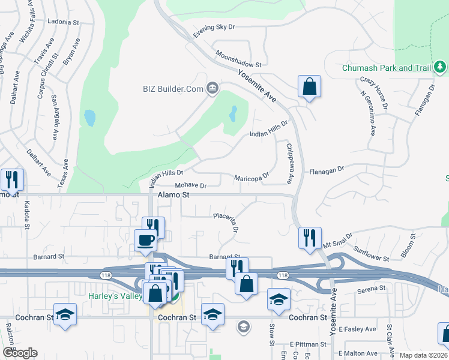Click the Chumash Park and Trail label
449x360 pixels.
tap(386, 68)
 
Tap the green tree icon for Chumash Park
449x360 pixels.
tap(440, 65)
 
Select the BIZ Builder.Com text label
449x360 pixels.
tap(172, 89)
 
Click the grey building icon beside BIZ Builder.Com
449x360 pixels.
tap(212, 89)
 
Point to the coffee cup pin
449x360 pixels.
tap(146, 240)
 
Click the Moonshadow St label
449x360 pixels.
tap(240, 59)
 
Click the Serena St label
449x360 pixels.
tap(370, 289)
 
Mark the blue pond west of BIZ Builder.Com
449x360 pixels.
tap(90, 118)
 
